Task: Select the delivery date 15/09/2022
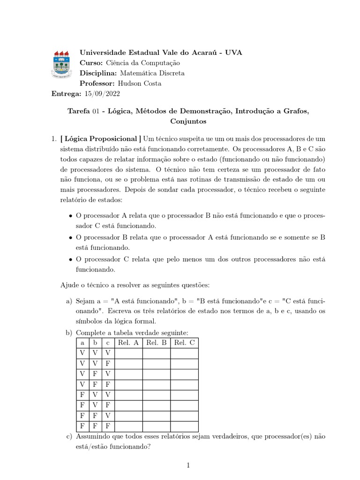tap(102, 94)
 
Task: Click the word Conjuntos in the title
tap(188, 121)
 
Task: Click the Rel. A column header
tap(128, 343)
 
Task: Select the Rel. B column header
tap(157, 343)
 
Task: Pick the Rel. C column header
tap(184, 343)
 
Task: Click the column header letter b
tap(95, 343)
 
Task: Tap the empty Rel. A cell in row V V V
tap(128, 352)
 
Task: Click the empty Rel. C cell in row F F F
tap(184, 426)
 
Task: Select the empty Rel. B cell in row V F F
tap(157, 384)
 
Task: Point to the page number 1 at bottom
tap(188, 465)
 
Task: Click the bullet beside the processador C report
tap(70, 259)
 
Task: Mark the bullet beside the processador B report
tap(70, 238)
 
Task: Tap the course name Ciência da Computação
tap(143, 63)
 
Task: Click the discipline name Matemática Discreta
tap(152, 73)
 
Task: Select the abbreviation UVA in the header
tap(233, 52)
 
